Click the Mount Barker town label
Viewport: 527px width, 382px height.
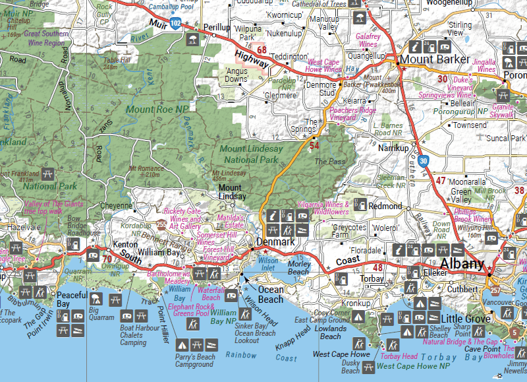click(435, 60)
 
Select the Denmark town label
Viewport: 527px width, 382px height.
click(276, 242)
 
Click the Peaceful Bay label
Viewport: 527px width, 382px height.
click(72, 299)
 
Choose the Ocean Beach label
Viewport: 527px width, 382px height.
click(270, 294)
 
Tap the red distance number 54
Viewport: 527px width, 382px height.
click(314, 145)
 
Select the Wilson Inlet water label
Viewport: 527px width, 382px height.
click(267, 264)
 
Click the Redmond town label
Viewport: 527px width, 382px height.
click(385, 206)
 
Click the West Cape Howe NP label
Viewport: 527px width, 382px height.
click(414, 366)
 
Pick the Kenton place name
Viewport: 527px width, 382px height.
click(125, 245)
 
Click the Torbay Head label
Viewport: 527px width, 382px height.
click(399, 356)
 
